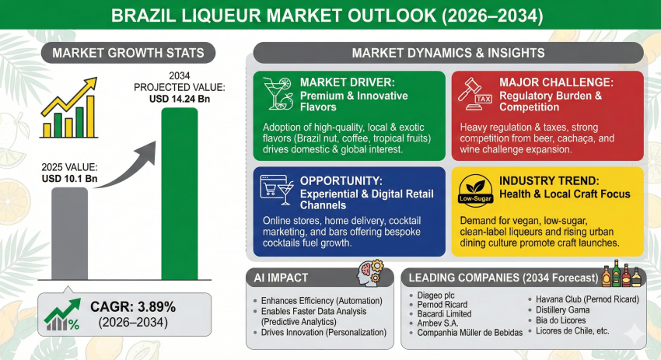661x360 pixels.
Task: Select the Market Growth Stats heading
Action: click(128, 53)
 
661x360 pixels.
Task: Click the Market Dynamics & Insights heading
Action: click(449, 53)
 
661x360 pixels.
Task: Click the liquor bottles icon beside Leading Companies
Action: click(621, 276)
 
